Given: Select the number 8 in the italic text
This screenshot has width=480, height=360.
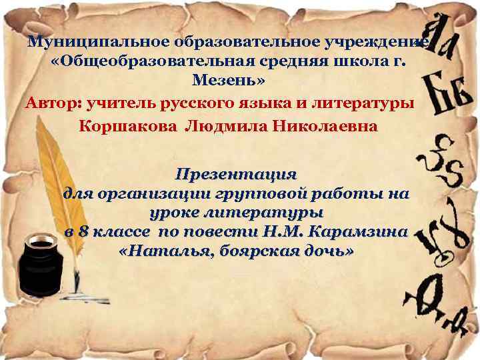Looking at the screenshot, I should pos(83,233).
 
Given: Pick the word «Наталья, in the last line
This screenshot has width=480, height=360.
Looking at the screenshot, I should pos(157,253).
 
